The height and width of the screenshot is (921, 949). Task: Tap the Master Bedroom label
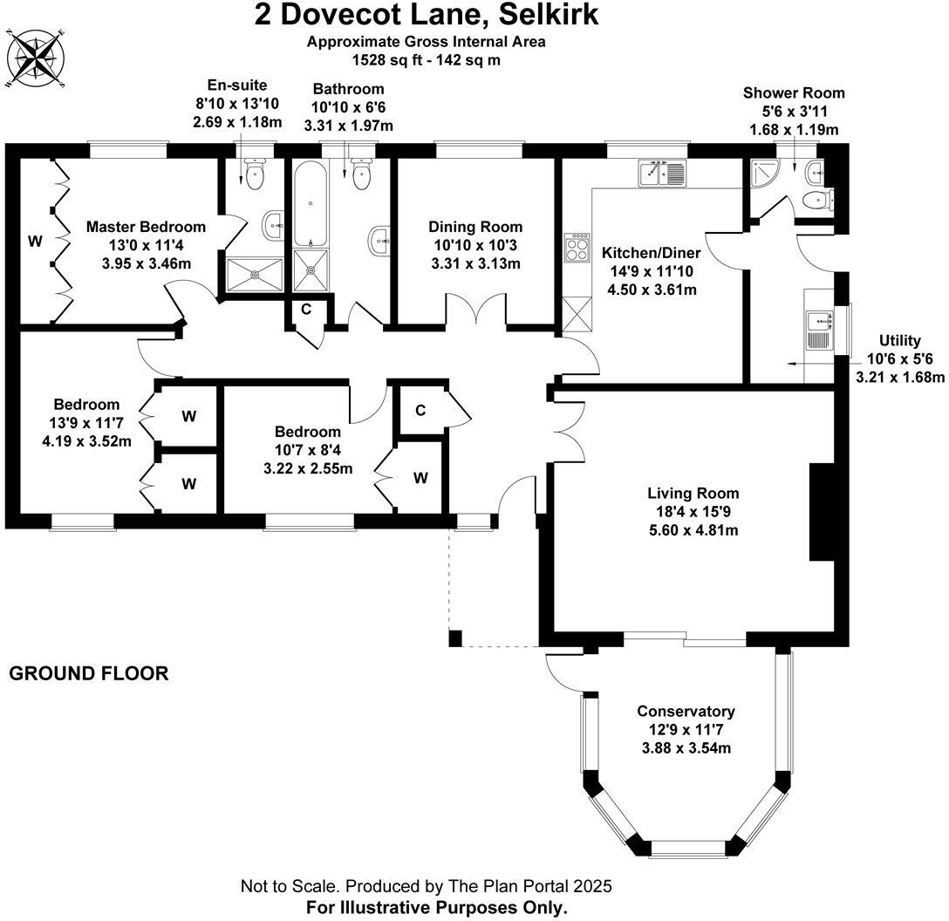click(x=147, y=227)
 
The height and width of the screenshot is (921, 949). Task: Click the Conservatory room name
click(x=686, y=712)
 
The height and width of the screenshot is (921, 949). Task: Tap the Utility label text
click(x=898, y=341)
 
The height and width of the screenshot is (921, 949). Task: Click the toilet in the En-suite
click(x=255, y=177)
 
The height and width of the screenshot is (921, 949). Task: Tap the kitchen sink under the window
click(x=663, y=174)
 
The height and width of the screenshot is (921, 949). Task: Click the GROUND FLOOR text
click(x=88, y=674)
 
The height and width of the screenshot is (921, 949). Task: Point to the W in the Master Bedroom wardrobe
click(x=35, y=242)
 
